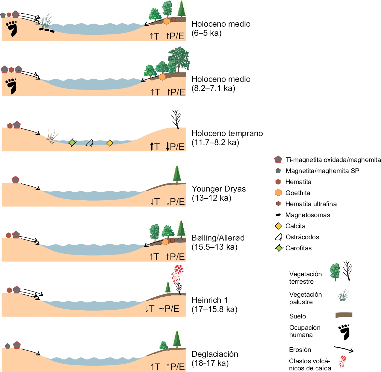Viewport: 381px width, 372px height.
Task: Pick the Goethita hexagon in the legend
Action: pyautogui.click(x=278, y=193)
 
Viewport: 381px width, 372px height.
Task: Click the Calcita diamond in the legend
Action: pyautogui.click(x=278, y=226)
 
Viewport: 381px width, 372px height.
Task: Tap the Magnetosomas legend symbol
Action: pyautogui.click(x=278, y=215)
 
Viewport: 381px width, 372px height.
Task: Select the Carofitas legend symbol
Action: pyautogui.click(x=279, y=248)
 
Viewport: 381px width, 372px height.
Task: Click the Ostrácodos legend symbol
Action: pyautogui.click(x=278, y=237)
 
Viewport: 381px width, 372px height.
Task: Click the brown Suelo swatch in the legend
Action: pyautogui.click(x=344, y=315)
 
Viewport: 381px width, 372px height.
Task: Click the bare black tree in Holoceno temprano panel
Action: pyautogui.click(x=176, y=119)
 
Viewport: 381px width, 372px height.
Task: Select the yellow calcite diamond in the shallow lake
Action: pyautogui.click(x=110, y=143)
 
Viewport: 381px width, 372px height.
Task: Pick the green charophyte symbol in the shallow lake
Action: pyautogui.click(x=72, y=143)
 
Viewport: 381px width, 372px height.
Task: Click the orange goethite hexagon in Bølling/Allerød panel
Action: pyautogui.click(x=165, y=242)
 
